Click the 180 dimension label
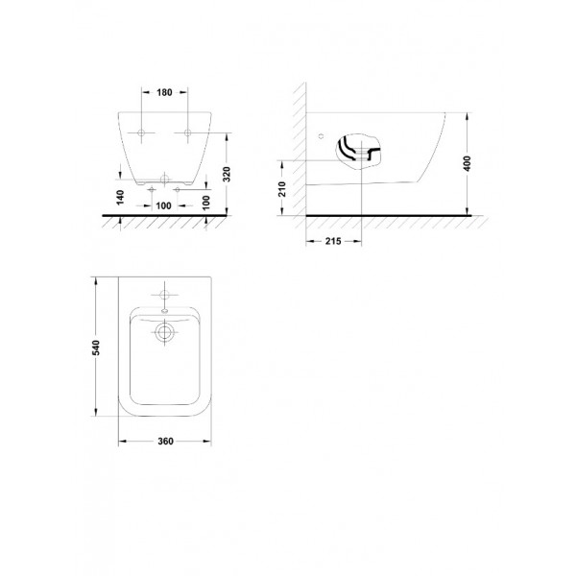164,92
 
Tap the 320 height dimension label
227,174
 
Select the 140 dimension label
120,197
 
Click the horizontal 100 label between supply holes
163,205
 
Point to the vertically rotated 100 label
206,203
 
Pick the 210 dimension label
282,189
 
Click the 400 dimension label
467,163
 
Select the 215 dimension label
333,241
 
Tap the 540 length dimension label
95,348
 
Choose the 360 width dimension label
165,442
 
